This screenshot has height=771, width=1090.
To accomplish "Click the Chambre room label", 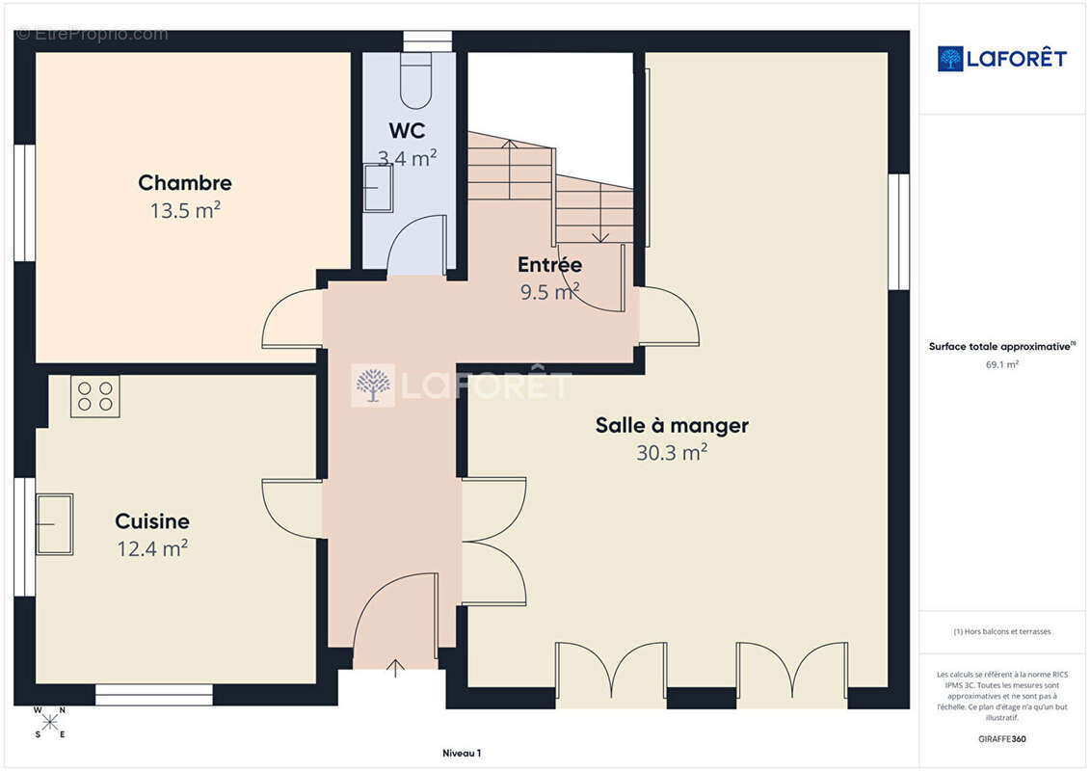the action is [x=185, y=183].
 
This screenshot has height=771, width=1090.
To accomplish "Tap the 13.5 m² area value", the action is [x=185, y=210].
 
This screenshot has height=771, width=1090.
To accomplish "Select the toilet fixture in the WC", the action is [x=416, y=81].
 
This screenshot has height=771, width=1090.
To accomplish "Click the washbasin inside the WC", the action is [x=378, y=188].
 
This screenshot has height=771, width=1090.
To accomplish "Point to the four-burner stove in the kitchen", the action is [x=95, y=396].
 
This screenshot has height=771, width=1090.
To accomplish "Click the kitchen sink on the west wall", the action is [x=55, y=523].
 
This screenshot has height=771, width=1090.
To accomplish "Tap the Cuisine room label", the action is [x=152, y=521].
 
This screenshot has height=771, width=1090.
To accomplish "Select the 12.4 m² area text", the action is [x=152, y=548].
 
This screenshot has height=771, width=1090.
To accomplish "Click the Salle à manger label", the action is [x=672, y=425].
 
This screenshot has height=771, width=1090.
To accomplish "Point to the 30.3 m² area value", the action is [x=672, y=453].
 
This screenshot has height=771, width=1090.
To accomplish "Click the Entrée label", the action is [x=550, y=264].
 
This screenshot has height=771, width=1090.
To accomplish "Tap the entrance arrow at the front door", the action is [x=395, y=668].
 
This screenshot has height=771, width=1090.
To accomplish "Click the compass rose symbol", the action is [x=50, y=723].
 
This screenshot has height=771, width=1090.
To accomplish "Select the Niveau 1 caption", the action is [x=462, y=753].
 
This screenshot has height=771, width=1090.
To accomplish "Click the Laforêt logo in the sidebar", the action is [x=1001, y=59].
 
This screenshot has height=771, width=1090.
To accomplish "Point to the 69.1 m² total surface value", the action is [x=1001, y=364].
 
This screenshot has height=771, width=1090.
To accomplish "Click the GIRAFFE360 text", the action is [x=1001, y=739].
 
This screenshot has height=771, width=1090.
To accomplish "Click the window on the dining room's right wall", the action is [x=899, y=231].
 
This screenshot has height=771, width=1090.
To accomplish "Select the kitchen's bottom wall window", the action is [x=153, y=695].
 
